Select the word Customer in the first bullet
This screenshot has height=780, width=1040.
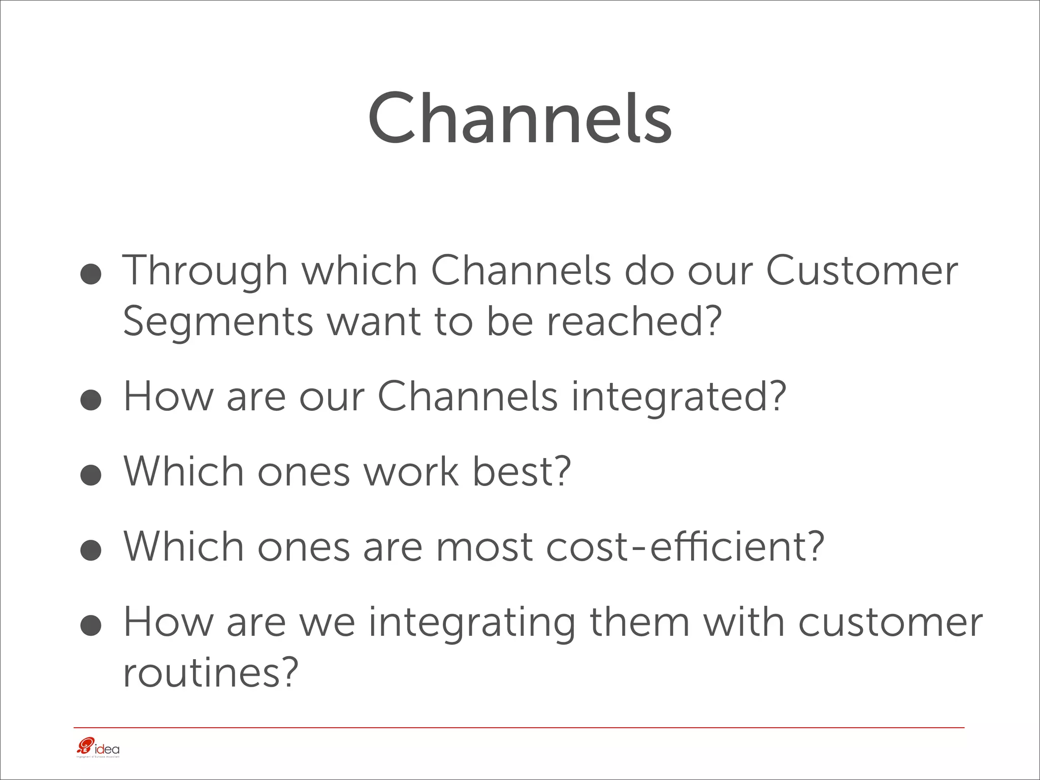coord(862,271)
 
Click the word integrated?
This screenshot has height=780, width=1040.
coord(679,397)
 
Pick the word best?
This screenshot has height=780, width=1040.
coord(522,471)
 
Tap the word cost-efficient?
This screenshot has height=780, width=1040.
coord(685,547)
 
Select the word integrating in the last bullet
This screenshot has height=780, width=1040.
coord(472,623)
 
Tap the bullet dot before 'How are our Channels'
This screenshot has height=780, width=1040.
coord(91,400)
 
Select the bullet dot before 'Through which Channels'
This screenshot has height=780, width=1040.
coord(91,274)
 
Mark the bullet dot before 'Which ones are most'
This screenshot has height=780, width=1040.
coord(91,551)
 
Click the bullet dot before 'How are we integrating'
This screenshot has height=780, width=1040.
coord(91,626)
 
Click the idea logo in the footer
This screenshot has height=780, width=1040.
coord(97,748)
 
